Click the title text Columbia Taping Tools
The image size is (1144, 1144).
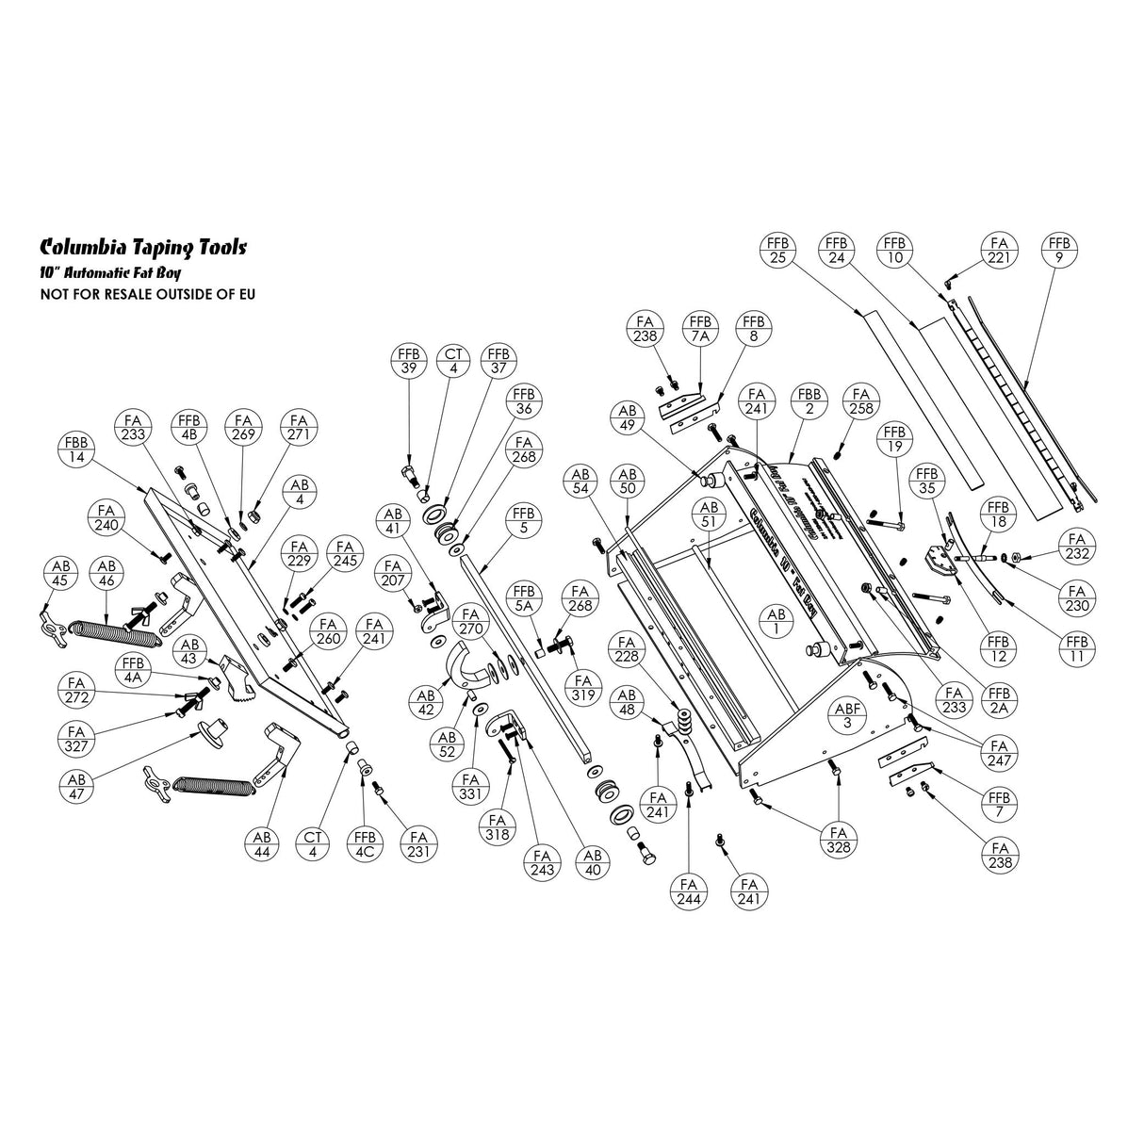click(143, 248)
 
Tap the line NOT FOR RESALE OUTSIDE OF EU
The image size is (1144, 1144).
click(147, 294)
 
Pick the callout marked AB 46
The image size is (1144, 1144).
click(106, 574)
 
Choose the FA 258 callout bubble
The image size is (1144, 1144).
click(859, 401)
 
